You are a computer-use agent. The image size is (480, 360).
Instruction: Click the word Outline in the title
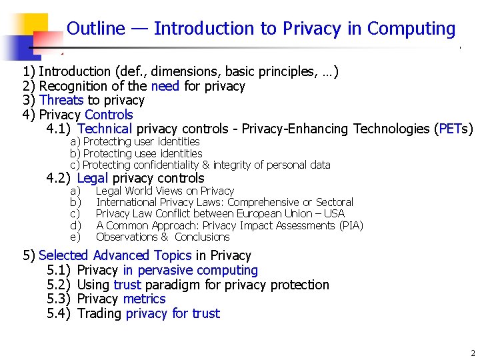coord(96,29)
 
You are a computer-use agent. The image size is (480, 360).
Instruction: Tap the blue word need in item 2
coord(165,86)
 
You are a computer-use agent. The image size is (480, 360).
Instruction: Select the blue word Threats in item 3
coord(61,100)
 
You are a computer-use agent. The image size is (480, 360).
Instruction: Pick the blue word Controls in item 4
coord(109,115)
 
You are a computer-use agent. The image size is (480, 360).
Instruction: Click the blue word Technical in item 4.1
coord(105,129)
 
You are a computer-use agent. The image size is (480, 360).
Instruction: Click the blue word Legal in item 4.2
coord(93,178)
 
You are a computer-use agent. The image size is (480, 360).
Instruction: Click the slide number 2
coord(472,353)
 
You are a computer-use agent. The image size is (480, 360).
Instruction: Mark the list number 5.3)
coord(59,299)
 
